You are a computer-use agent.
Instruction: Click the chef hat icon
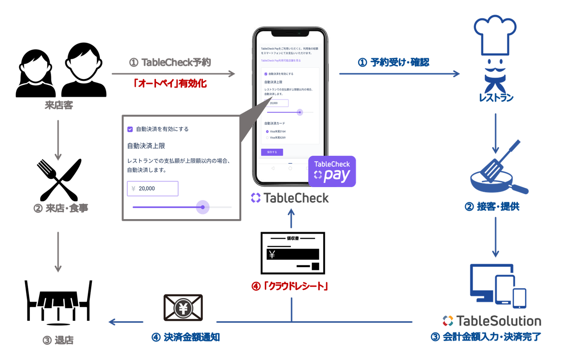(495, 35)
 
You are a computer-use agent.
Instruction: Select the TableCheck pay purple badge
(332, 171)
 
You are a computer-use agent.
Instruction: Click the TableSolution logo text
(492, 321)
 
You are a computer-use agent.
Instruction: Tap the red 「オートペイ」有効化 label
(170, 83)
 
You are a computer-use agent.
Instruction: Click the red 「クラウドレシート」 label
(290, 286)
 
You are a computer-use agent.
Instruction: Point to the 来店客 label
(59, 105)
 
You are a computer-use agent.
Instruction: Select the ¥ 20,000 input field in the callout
(152, 189)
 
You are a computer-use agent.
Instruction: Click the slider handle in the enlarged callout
(203, 207)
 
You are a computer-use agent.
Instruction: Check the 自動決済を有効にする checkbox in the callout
(130, 129)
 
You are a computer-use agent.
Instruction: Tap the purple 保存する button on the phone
(272, 152)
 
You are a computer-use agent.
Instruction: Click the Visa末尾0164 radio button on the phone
(267, 131)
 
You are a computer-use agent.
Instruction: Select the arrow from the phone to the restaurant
(399, 74)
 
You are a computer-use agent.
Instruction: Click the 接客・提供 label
(493, 206)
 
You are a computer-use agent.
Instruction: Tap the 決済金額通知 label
(186, 337)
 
